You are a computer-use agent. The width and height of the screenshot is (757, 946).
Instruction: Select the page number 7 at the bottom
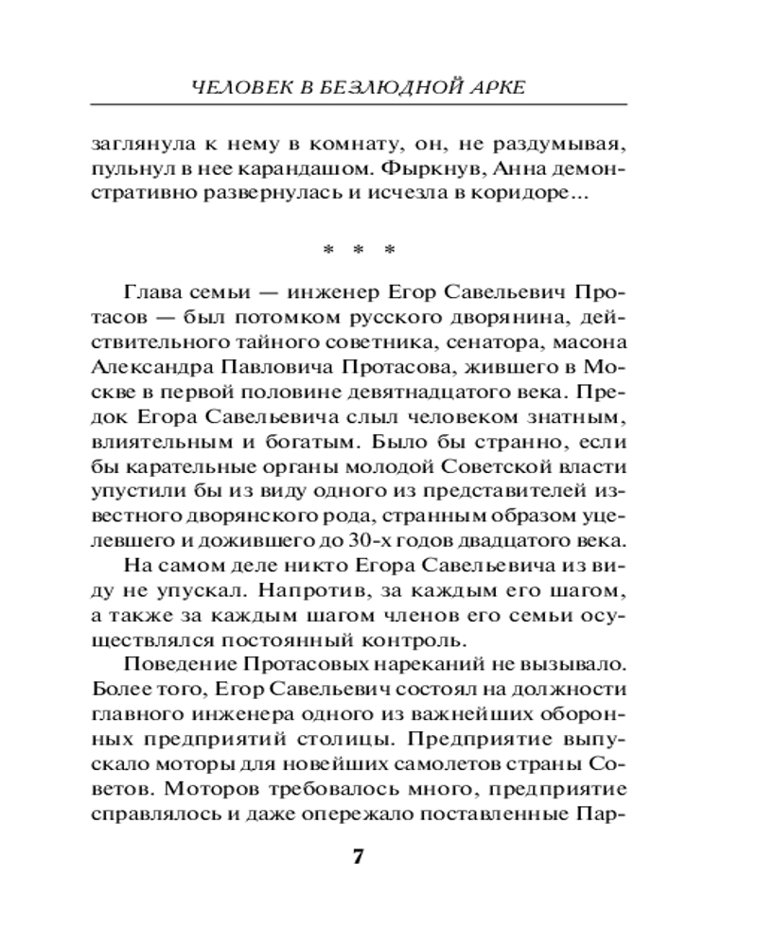pyautogui.click(x=358, y=857)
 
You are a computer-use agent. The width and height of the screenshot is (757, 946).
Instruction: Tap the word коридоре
pyautogui.click(x=527, y=197)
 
